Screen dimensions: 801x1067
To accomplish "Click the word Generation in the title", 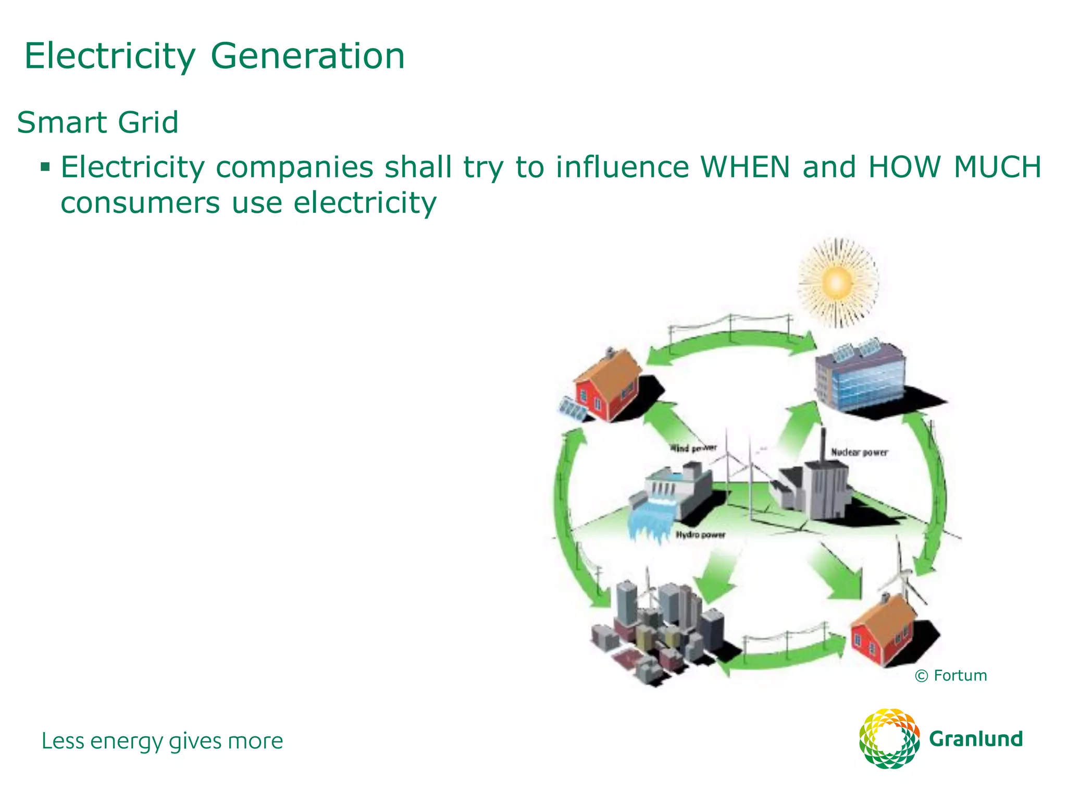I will (307, 56).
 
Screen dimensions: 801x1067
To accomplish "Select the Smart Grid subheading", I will (97, 123).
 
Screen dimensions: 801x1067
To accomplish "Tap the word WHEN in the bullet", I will (745, 167).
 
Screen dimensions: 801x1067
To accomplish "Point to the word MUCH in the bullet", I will (997, 167).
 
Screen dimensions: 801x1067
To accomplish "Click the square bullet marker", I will (46, 167).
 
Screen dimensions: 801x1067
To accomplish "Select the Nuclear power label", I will (859, 452).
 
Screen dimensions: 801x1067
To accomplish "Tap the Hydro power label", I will (700, 535).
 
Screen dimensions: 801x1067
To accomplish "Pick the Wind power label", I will (693, 448).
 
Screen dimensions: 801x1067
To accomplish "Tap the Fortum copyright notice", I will (951, 676).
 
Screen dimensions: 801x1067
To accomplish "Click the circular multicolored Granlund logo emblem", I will (889, 738).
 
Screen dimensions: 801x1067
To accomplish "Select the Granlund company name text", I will (976, 739).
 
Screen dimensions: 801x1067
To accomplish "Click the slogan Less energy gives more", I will (162, 741).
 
